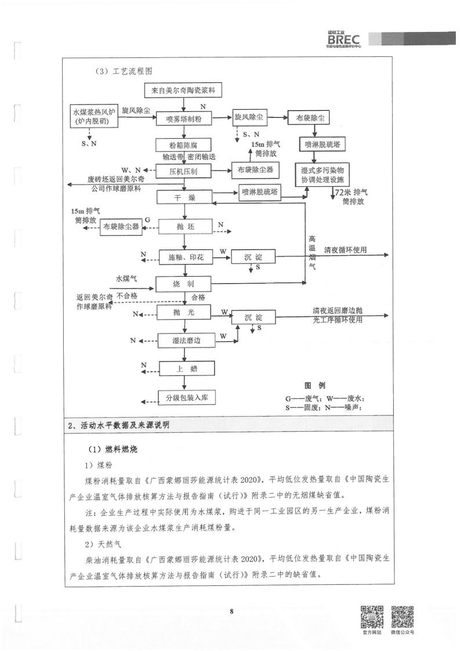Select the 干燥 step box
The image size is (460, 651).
point(184,198)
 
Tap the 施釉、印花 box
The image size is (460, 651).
point(184,256)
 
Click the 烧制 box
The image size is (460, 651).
point(184,284)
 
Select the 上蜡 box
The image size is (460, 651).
point(184,368)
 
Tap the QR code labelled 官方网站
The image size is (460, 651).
point(372,617)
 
